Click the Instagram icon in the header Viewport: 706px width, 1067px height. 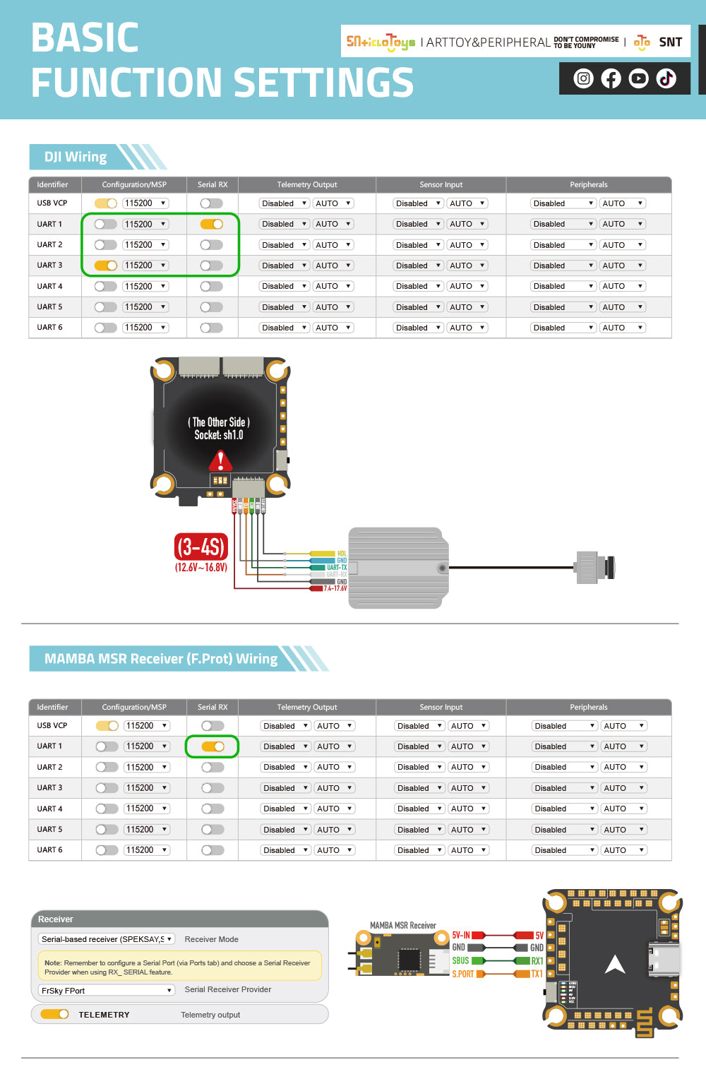tap(583, 78)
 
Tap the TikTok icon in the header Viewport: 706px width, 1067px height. tap(666, 78)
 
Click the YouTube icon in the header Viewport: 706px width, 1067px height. tap(638, 78)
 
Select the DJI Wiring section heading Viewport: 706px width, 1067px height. tap(76, 157)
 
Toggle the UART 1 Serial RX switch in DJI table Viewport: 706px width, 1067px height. tap(211, 224)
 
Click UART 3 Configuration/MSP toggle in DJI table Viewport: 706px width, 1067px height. tap(106, 266)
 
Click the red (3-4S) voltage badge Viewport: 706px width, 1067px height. tap(201, 547)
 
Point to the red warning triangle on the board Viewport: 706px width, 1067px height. tap(220, 461)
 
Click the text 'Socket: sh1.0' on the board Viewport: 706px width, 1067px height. tap(219, 435)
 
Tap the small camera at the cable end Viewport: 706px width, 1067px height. tap(594, 566)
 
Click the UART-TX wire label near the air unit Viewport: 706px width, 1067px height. tap(336, 567)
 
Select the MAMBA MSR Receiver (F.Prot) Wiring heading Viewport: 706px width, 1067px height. tap(161, 658)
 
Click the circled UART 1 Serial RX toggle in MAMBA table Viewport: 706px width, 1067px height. tap(213, 746)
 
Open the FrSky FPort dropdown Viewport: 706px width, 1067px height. tap(106, 990)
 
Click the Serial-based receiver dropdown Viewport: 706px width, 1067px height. tap(106, 939)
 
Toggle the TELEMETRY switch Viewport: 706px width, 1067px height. tap(54, 1014)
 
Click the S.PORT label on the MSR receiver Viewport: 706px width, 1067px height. tap(463, 974)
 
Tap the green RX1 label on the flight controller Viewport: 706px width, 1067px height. tap(537, 961)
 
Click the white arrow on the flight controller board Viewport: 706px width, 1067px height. tap(615, 964)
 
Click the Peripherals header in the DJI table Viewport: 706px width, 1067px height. tap(588, 184)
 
